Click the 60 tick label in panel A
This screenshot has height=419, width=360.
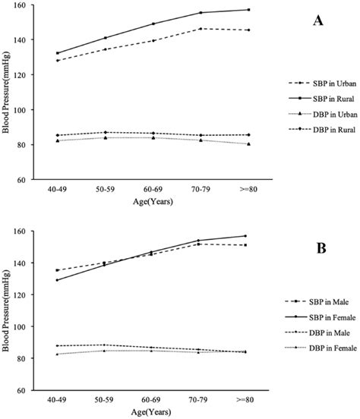(x=28, y=180)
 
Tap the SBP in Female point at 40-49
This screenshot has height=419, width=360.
(x=58, y=280)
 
